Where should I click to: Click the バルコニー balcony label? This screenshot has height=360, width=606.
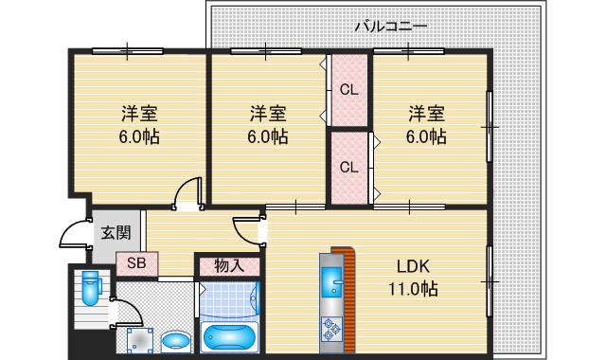pos(390,27)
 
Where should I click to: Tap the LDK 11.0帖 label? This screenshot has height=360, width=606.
pos(409,276)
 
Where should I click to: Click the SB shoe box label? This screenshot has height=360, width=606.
pos(136,262)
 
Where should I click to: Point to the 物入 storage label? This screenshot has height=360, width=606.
pos(228,264)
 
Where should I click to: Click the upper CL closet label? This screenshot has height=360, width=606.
pos(348,91)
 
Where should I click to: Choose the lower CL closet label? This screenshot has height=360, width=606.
pos(348,167)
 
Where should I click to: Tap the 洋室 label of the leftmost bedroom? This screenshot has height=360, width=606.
pos(139,114)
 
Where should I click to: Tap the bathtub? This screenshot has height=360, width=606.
pos(230,336)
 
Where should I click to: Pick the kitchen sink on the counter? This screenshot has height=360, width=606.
pos(333,280)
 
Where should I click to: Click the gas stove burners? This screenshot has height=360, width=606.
pos(333,329)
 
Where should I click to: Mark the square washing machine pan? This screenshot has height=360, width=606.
pos(140,337)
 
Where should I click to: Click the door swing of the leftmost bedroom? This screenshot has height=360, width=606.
pos(189,192)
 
